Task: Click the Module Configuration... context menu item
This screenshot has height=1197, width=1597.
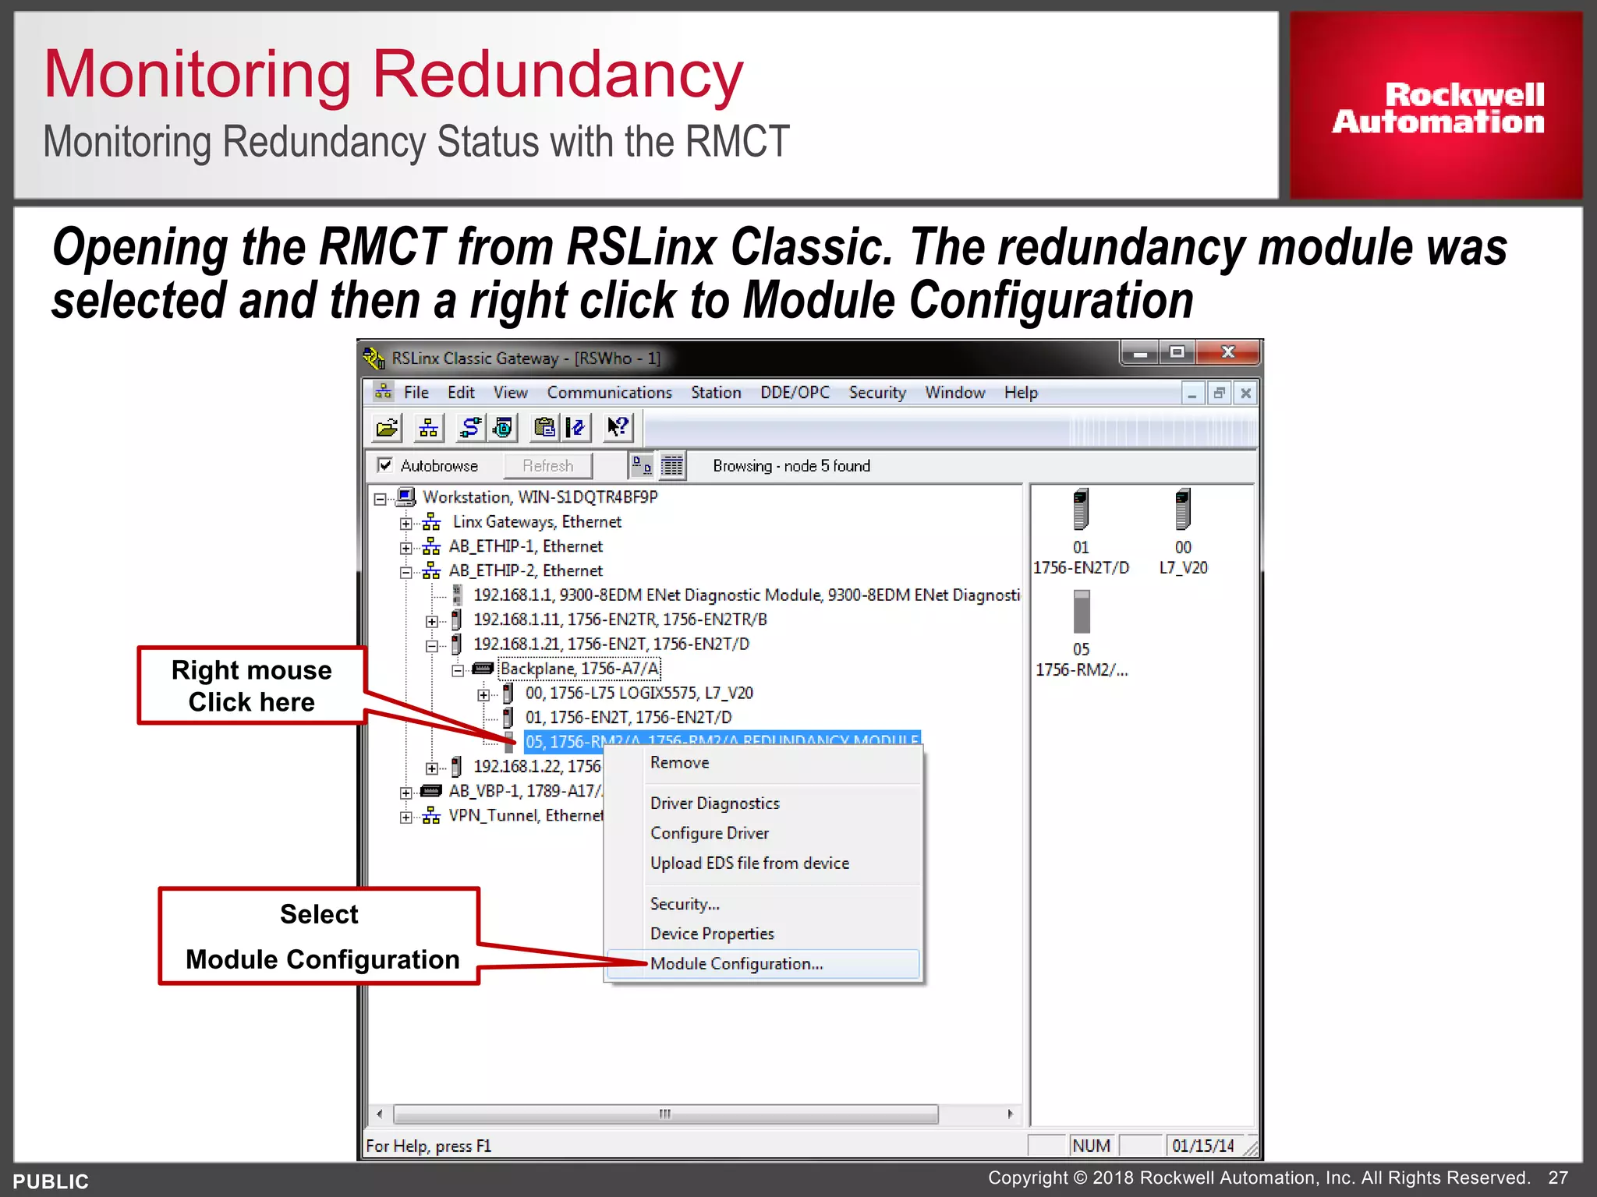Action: [736, 964]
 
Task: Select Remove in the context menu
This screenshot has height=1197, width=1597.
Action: [679, 763]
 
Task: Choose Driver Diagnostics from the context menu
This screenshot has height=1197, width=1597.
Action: [714, 803]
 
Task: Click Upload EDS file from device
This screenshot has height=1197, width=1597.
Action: [749, 863]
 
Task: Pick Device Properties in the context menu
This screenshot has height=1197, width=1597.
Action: [712, 934]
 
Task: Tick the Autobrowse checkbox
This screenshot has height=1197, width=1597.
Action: [385, 465]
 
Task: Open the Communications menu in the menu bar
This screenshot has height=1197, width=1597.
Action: [609, 393]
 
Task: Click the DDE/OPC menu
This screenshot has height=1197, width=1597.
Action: [795, 393]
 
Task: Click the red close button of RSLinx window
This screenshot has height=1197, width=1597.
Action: [1227, 352]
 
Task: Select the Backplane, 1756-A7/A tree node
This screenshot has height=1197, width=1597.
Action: [579, 669]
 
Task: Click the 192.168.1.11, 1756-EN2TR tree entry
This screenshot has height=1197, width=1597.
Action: [620, 620]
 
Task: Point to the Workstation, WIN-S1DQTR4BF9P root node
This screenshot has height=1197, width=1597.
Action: [540, 497]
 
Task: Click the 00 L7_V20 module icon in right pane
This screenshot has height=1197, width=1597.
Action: [1183, 510]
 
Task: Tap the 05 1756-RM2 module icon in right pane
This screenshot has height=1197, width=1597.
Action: [1081, 613]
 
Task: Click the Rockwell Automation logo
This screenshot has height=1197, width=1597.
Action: [1436, 107]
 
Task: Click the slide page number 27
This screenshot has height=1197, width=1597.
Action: [1558, 1178]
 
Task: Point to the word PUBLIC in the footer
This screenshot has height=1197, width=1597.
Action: [51, 1181]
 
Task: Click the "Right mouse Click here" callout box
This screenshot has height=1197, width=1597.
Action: [251, 686]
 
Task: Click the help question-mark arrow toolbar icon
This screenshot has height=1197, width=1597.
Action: [618, 427]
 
